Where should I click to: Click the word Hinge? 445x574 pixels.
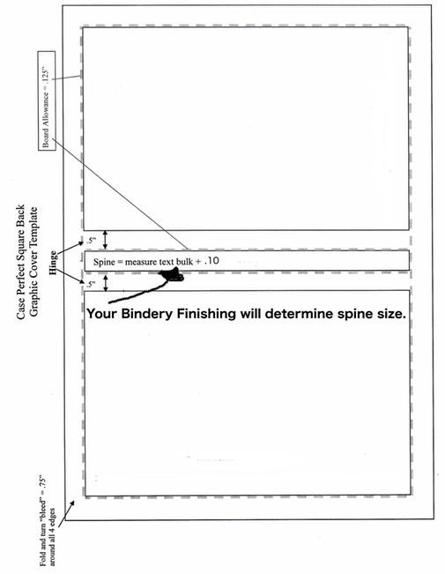click(x=54, y=263)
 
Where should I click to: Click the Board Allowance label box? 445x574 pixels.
click(x=47, y=101)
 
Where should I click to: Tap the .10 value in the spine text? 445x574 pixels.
click(x=211, y=261)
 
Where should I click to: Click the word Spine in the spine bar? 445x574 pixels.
click(x=104, y=262)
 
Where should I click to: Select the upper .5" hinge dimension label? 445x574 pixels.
click(x=92, y=241)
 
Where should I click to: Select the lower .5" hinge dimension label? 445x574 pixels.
click(x=91, y=284)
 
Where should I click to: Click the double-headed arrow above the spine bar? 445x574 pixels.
click(x=106, y=240)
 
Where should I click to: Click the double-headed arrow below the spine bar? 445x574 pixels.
click(x=106, y=283)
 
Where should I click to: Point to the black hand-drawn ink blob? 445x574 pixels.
click(x=171, y=275)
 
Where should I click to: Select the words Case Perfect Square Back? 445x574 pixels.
click(x=21, y=261)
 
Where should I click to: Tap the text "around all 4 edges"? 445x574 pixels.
click(x=52, y=536)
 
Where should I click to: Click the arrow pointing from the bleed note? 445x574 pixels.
click(x=66, y=515)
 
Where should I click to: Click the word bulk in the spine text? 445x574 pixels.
click(x=184, y=262)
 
